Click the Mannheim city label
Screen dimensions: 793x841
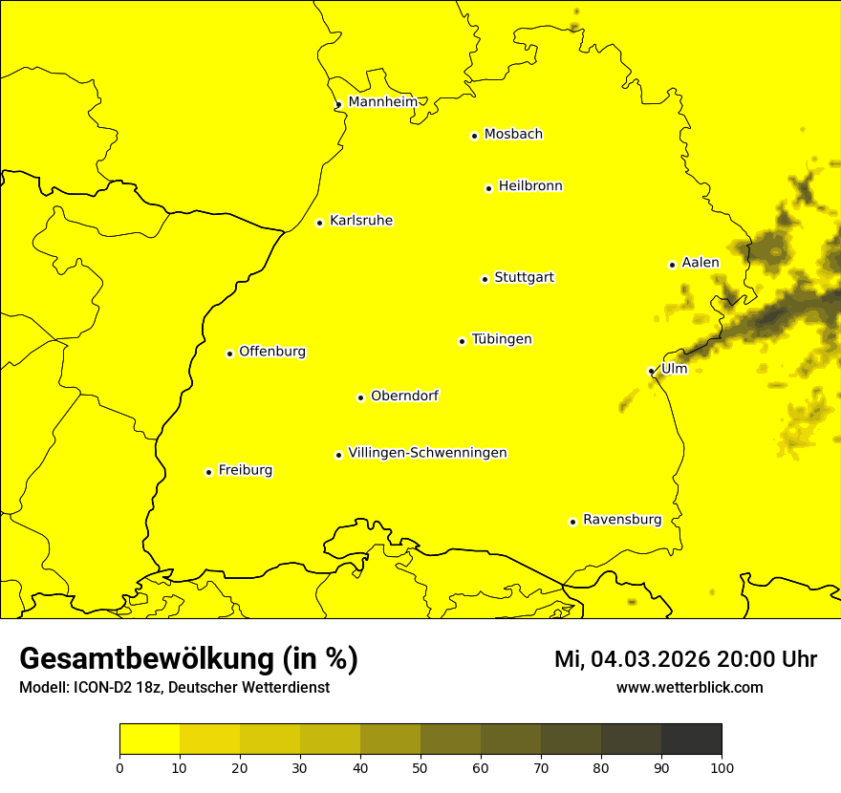pos(382,102)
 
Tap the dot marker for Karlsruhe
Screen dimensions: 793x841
pos(319,224)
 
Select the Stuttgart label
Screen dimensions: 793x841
pos(524,278)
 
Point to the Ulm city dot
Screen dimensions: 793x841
pos(651,371)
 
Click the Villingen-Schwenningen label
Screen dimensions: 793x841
pos(427,453)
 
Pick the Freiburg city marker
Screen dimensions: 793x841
pos(208,472)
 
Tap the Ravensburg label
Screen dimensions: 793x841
pos(621,520)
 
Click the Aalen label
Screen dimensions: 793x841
pos(700,263)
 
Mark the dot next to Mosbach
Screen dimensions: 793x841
pos(474,136)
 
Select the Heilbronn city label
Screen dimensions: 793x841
pos(530,186)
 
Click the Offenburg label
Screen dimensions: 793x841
pos(272,352)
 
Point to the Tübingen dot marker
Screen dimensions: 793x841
pos(462,341)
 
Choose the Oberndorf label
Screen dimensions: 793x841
pos(404,396)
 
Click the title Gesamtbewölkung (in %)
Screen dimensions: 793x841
pos(188,659)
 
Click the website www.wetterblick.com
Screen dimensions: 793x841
pos(689,688)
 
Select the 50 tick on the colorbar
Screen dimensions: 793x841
pos(420,767)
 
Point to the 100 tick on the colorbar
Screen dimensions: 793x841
pos(722,767)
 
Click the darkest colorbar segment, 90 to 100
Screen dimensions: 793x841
pos(691,739)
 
